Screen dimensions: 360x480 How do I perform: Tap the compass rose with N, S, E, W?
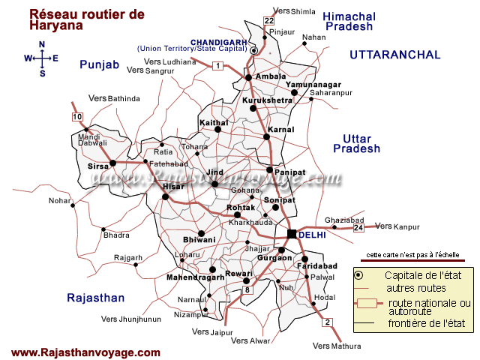point(42,58)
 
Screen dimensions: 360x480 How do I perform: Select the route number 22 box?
point(269,20)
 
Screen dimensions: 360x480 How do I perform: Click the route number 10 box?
point(77,116)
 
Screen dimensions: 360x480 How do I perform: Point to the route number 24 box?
point(358,227)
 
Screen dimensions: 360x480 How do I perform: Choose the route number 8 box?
point(246,290)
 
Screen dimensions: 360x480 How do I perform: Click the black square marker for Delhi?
point(292,234)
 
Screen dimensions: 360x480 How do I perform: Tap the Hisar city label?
point(173,186)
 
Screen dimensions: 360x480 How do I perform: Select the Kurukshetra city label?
point(267,100)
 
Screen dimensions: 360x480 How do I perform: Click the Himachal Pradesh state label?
point(347,20)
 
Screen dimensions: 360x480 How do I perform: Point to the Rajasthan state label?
point(95,298)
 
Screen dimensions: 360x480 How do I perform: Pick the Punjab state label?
point(100,65)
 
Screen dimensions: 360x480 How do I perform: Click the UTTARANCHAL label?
point(394,55)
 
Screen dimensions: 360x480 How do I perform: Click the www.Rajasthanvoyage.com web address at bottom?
point(85,352)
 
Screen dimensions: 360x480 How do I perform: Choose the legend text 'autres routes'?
point(415,288)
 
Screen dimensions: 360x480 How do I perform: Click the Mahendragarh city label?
point(195,277)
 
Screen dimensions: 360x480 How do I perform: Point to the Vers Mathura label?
point(337,346)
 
